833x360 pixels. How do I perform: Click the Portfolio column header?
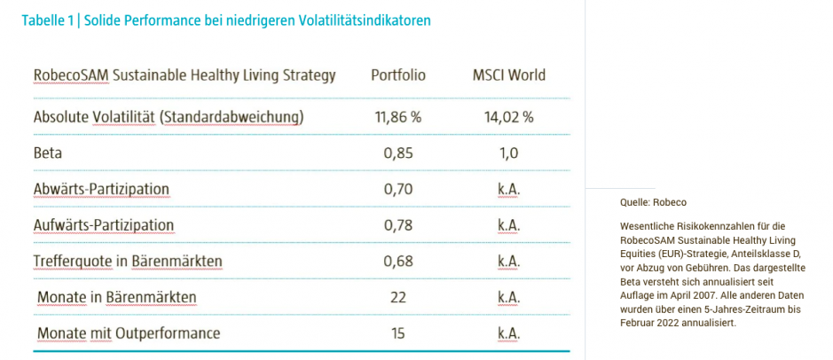click(397, 75)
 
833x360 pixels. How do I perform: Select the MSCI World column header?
click(508, 75)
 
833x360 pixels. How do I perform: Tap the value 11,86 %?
click(397, 117)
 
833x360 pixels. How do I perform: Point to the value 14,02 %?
click(508, 117)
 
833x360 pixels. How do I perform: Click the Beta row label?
click(48, 153)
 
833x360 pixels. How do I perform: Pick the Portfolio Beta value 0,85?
click(397, 153)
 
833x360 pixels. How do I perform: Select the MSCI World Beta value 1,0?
click(508, 153)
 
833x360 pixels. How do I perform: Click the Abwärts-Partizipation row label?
click(101, 189)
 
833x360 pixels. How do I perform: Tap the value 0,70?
click(397, 189)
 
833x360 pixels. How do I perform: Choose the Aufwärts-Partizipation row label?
click(104, 225)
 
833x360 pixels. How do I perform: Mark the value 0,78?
click(397, 225)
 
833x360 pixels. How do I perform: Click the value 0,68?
click(397, 261)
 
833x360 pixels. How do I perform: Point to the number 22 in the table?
click(397, 297)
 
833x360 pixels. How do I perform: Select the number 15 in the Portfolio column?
click(397, 333)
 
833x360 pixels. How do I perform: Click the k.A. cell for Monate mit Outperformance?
click(508, 333)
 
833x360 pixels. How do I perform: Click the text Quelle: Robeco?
click(653, 202)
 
